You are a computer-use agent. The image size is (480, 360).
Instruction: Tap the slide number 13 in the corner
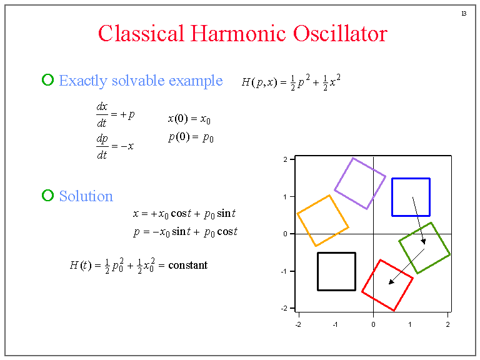(x=463, y=13)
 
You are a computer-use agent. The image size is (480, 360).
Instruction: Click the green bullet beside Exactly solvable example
(x=47, y=80)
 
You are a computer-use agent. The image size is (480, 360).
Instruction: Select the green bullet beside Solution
(x=47, y=196)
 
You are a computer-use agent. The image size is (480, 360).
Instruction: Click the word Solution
(x=86, y=196)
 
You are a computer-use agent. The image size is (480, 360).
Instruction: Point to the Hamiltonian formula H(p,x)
(x=291, y=82)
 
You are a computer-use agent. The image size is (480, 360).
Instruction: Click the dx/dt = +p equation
(x=115, y=115)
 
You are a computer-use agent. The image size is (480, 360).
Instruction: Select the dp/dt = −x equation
(x=115, y=146)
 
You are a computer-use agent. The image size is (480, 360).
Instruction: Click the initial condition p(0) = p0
(x=191, y=137)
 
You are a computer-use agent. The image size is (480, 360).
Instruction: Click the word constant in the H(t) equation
(x=187, y=265)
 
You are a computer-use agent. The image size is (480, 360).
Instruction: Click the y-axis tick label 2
(x=285, y=159)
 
